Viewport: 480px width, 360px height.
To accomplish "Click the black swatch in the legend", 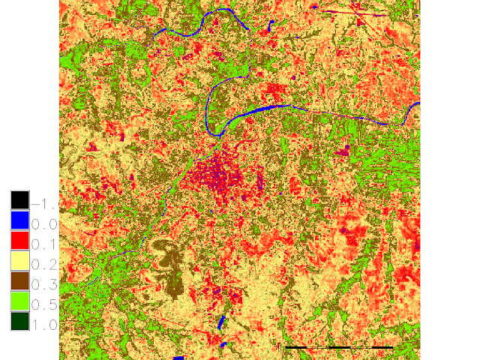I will pyautogui.click(x=19, y=200).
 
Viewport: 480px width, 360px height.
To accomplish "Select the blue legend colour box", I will pyautogui.click(x=19, y=220).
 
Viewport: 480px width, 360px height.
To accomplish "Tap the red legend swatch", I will pyautogui.click(x=19, y=241).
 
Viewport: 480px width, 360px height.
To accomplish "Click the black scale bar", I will pyautogui.click(x=340, y=348).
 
